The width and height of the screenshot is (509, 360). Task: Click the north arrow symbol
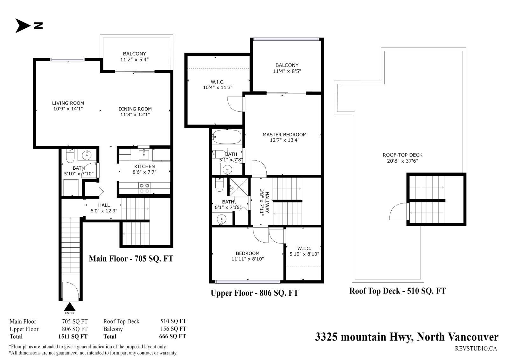point(22,26)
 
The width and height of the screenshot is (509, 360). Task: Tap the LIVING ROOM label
point(68,103)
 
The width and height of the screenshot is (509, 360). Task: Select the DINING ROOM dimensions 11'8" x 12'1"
point(135,115)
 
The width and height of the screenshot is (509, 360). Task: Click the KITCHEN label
point(144,166)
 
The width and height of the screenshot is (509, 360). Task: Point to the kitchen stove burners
point(144,188)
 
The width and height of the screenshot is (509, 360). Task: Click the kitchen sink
point(144,155)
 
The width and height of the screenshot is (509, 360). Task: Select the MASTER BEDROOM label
point(284,135)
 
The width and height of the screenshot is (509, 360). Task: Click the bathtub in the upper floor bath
point(227,137)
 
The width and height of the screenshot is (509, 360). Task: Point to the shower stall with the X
point(239,187)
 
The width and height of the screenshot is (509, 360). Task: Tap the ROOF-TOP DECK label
point(402,155)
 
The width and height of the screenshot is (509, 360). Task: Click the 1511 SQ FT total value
point(73,336)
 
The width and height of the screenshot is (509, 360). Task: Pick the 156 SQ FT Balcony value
point(173,329)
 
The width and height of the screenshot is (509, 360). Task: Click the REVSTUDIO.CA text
point(476,349)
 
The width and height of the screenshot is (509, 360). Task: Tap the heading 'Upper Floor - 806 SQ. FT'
point(254,293)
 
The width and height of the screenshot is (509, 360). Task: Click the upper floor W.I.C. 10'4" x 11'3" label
point(218,85)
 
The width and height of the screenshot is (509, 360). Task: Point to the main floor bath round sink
point(87,155)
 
